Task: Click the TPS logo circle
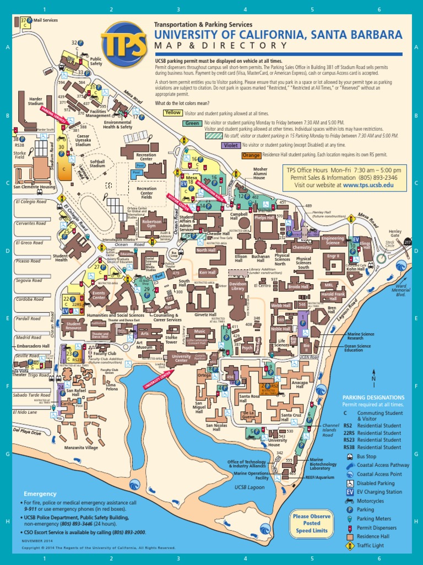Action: click(x=124, y=44)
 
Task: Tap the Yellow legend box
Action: click(x=173, y=113)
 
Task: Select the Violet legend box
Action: click(x=231, y=146)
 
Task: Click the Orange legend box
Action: click(x=251, y=156)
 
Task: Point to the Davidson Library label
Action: click(x=237, y=286)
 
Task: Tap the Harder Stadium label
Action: click(x=36, y=102)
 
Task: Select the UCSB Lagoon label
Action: click(x=250, y=487)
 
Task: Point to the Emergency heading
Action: click(x=40, y=494)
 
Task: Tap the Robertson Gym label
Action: click(x=151, y=223)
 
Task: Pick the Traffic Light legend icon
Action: click(x=350, y=545)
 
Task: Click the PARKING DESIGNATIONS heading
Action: click(x=373, y=397)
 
